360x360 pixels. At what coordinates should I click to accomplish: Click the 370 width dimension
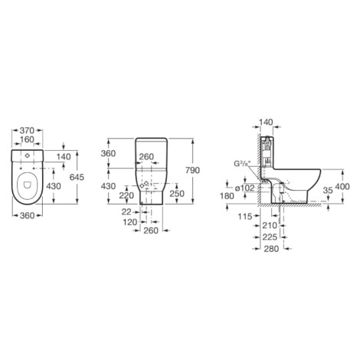pyautogui.click(x=27, y=130)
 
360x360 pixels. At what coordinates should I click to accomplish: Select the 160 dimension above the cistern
pyautogui.click(x=27, y=139)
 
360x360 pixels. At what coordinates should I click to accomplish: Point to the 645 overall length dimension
pyautogui.click(x=77, y=177)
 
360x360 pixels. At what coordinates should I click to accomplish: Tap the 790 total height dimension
pyautogui.click(x=192, y=170)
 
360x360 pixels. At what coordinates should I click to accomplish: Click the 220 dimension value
pyautogui.click(x=126, y=195)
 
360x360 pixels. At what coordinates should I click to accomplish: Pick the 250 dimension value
pyautogui.click(x=177, y=194)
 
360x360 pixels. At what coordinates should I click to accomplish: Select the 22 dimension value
pyautogui.click(x=126, y=211)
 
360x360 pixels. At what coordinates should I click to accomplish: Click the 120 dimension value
pyautogui.click(x=130, y=222)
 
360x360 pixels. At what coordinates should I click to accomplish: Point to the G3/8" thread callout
pyautogui.click(x=242, y=163)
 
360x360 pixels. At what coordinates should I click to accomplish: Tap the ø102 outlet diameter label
pyautogui.click(x=244, y=188)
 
